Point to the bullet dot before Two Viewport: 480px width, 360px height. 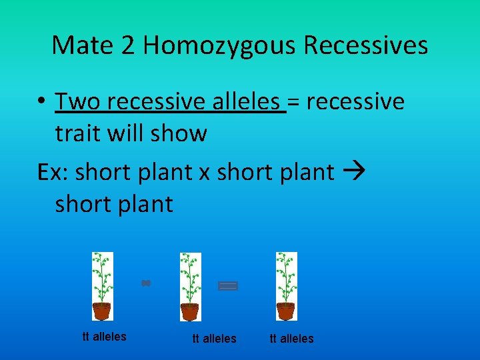click(41, 103)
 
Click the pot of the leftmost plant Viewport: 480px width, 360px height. click(102, 311)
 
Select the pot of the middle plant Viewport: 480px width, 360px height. click(191, 311)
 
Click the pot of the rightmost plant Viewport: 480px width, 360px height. click(286, 311)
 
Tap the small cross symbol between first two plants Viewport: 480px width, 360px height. click(146, 283)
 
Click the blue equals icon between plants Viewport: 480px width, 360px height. click(228, 286)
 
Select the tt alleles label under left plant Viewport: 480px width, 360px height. click(104, 337)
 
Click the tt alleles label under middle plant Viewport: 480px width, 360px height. click(214, 339)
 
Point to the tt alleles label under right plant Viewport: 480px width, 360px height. click(291, 339)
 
